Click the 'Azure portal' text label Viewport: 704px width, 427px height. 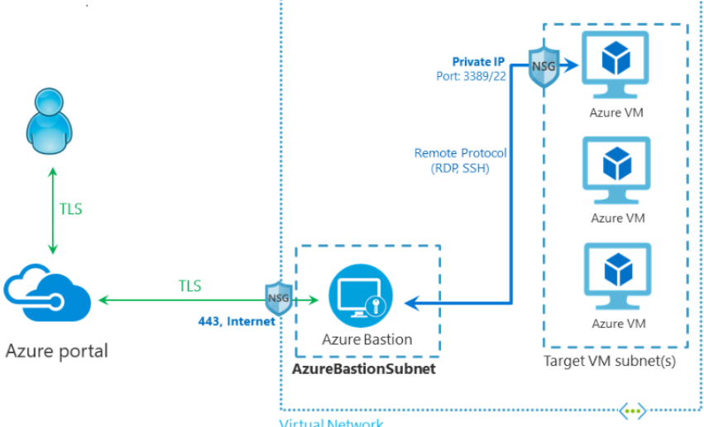pyautogui.click(x=57, y=351)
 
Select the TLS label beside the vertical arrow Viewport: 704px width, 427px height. pyautogui.click(x=71, y=209)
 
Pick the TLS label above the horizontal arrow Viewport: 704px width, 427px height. pyautogui.click(x=190, y=286)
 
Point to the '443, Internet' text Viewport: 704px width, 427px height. pyautogui.click(x=236, y=321)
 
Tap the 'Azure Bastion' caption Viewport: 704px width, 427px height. pyautogui.click(x=366, y=339)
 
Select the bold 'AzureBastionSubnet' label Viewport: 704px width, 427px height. pyautogui.click(x=364, y=368)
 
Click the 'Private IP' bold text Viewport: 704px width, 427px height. pyautogui.click(x=479, y=62)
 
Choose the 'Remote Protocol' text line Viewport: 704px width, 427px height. pyautogui.click(x=461, y=153)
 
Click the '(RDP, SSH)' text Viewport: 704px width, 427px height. pyautogui.click(x=461, y=170)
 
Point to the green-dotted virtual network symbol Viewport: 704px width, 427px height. pyautogui.click(x=633, y=410)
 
